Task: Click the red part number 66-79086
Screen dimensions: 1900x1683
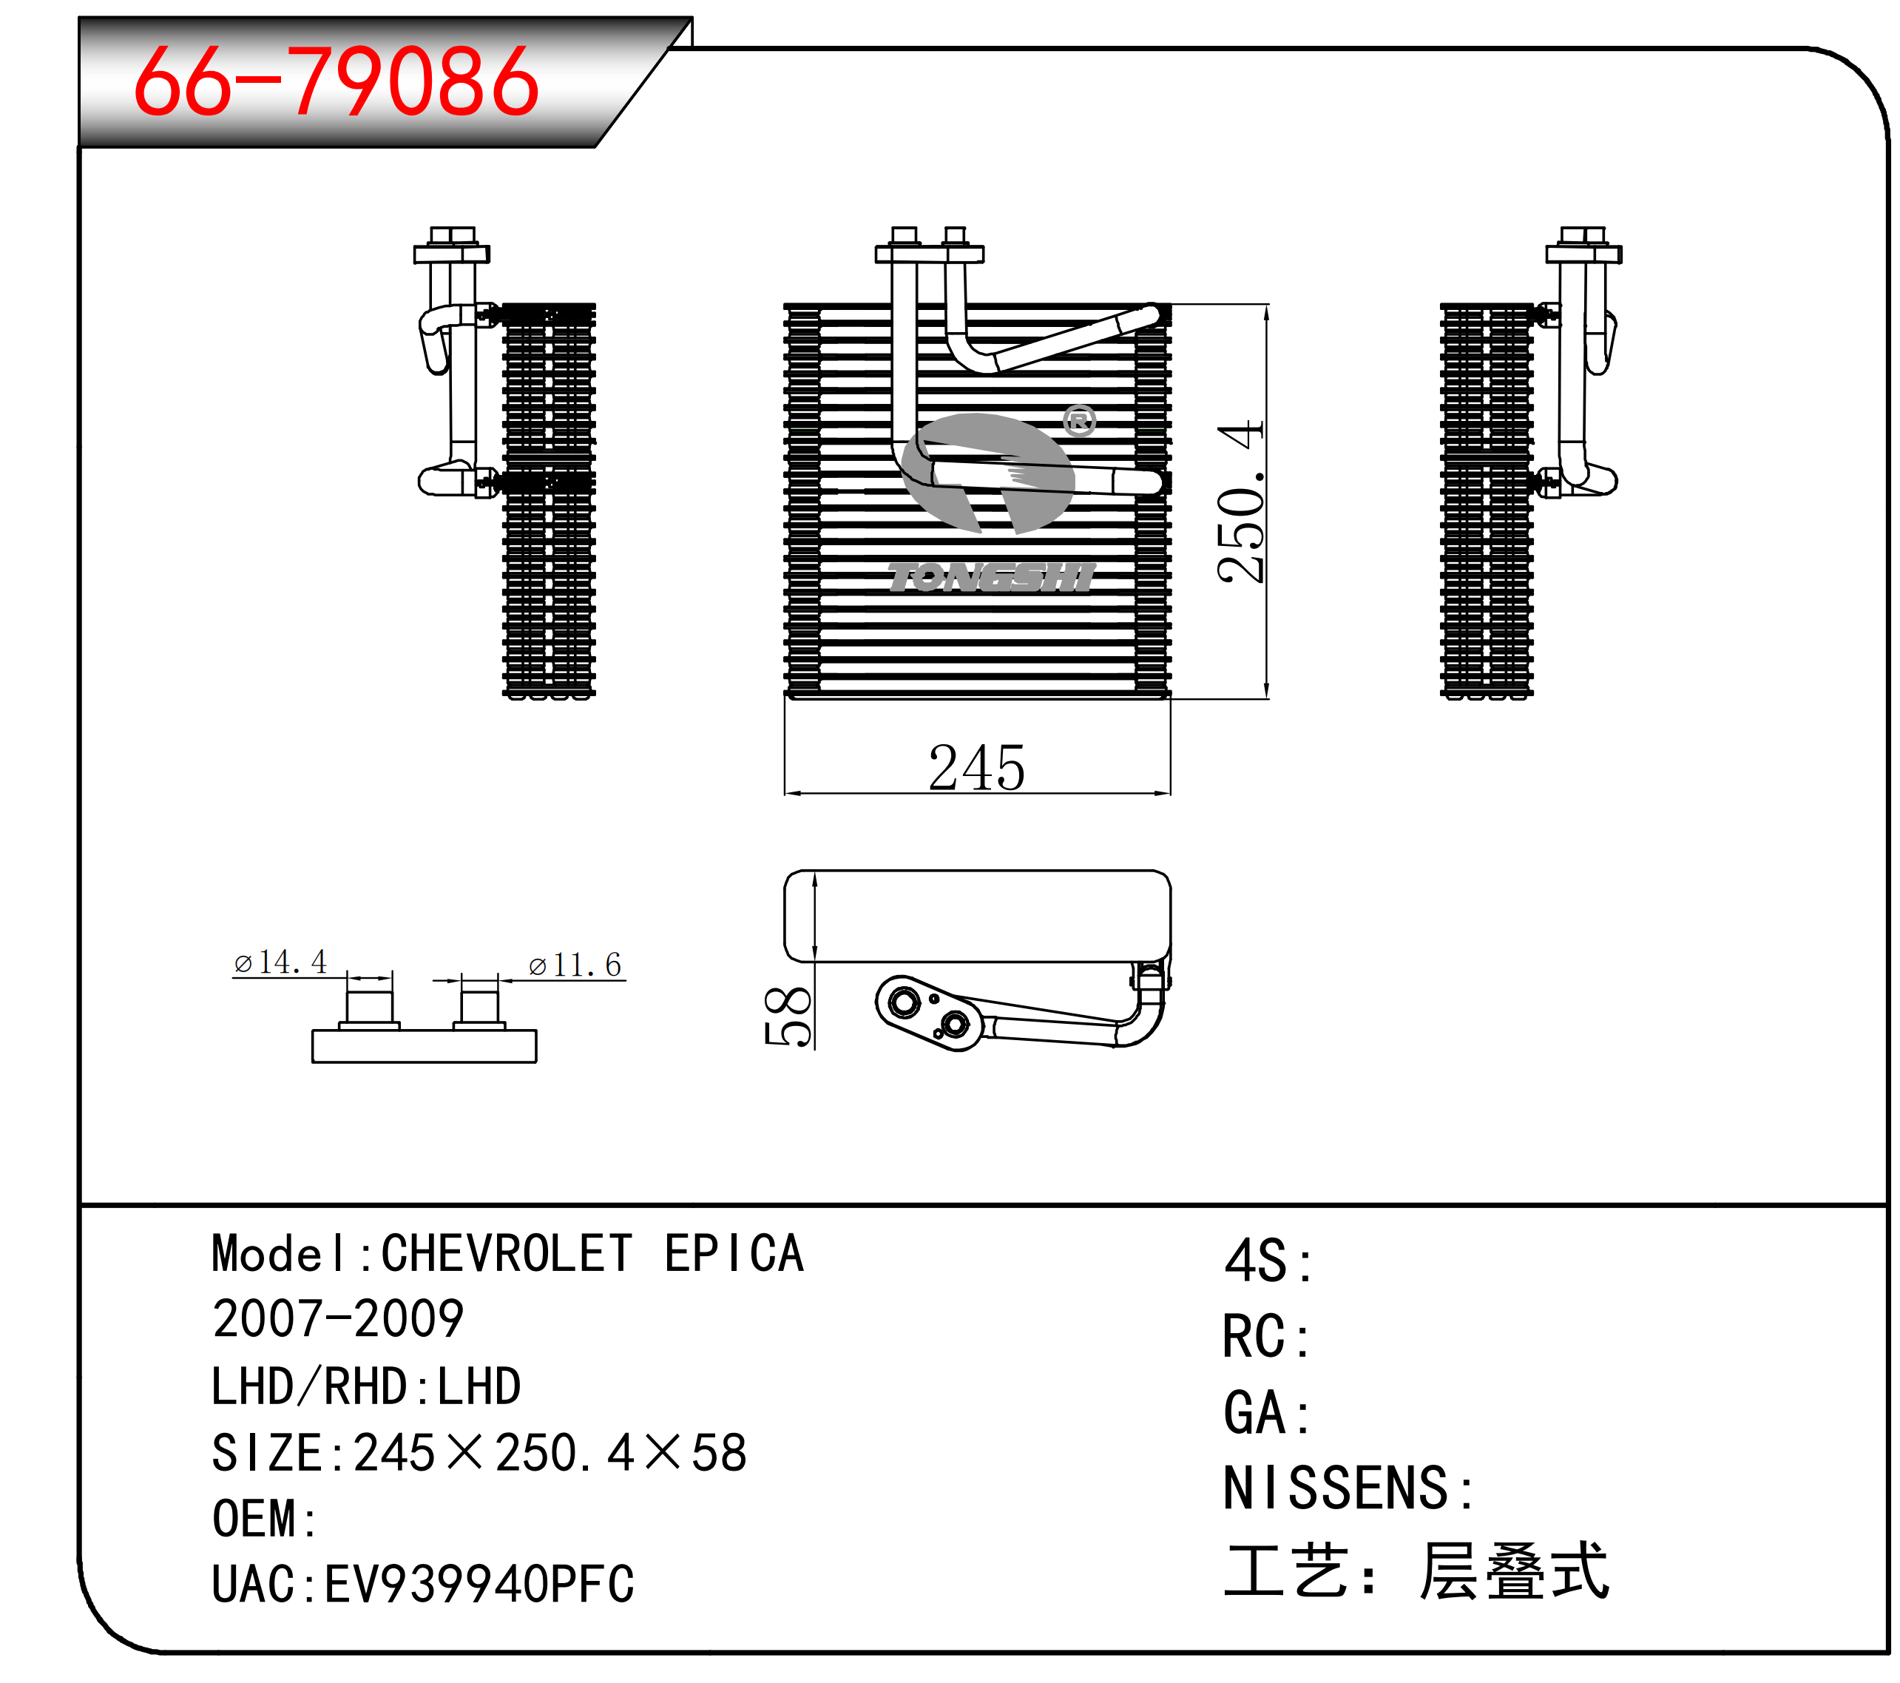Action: [x=336, y=82]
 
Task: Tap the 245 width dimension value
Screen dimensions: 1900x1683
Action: [x=976, y=768]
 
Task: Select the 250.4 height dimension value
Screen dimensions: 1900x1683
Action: [x=1241, y=502]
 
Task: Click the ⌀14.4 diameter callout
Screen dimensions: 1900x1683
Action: [x=280, y=962]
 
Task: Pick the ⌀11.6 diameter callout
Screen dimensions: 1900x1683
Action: [x=575, y=965]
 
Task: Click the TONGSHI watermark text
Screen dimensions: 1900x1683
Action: [x=991, y=578]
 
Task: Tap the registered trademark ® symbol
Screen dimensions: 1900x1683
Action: [x=1079, y=421]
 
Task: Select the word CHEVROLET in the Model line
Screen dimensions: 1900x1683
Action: [x=507, y=1253]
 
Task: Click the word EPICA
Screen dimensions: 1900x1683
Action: [x=734, y=1253]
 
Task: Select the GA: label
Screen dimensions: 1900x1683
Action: [x=1267, y=1412]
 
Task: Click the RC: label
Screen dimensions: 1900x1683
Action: [x=1266, y=1337]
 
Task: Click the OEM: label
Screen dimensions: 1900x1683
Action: [x=265, y=1520]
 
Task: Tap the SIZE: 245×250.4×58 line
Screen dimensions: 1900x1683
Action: [x=480, y=1452]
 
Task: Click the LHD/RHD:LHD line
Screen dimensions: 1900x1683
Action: [x=366, y=1386]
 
